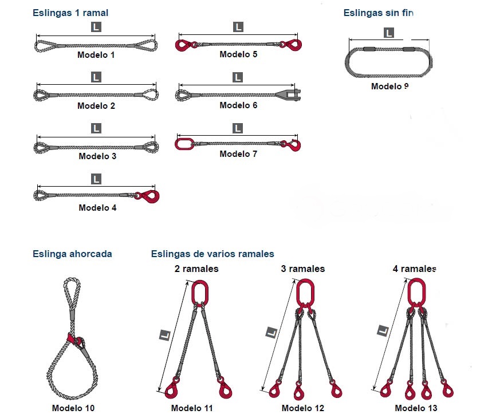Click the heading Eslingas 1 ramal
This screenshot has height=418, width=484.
click(x=70, y=13)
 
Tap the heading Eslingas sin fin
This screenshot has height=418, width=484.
click(x=378, y=13)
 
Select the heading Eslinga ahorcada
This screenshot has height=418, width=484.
click(x=72, y=254)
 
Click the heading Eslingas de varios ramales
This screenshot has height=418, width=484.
click(x=213, y=254)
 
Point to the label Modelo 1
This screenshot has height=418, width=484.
click(x=96, y=55)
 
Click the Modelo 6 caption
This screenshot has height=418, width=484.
click(x=238, y=105)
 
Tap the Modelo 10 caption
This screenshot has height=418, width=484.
click(x=73, y=408)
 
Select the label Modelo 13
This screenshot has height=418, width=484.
click(x=416, y=408)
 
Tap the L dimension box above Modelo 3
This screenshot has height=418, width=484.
click(x=96, y=128)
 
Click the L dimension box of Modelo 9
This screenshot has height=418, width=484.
click(x=388, y=33)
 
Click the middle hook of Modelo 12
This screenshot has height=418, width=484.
click(x=298, y=391)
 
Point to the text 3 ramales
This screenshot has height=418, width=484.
click(x=303, y=269)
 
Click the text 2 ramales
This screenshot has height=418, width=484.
click(x=196, y=269)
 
